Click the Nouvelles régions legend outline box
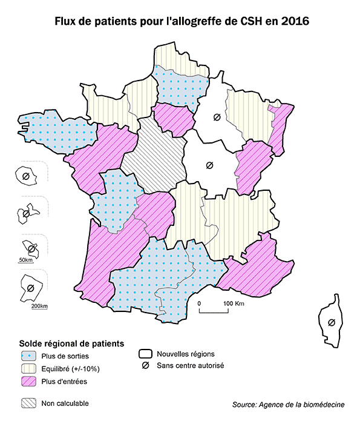145,354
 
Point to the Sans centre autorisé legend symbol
145,366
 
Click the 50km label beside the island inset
25,260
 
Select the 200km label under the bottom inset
39,306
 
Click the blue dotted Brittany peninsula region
54,127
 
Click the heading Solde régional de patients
72,343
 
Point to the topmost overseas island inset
26,176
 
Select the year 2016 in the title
292,21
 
